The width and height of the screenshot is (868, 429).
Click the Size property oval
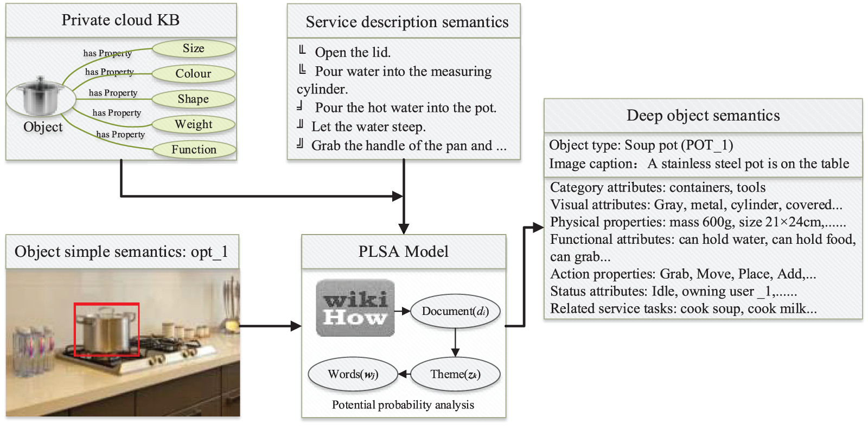click(194, 48)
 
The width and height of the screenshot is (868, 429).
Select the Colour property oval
click(194, 74)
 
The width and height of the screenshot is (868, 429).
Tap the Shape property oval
click(194, 99)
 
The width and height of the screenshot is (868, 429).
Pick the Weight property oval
click(194, 124)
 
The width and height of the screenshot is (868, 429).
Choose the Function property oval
click(194, 149)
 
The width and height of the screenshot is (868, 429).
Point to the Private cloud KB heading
click(120, 20)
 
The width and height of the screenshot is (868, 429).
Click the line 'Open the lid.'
click(353, 53)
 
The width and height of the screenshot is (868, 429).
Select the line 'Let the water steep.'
click(368, 127)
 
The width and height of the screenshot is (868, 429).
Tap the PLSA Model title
click(403, 251)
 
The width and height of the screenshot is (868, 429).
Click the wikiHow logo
click(355, 308)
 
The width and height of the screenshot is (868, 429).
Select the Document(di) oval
click(455, 311)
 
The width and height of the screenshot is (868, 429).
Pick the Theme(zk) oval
click(455, 374)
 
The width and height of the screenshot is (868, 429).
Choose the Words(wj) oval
click(353, 374)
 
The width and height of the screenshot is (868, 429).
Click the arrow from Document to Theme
click(455, 343)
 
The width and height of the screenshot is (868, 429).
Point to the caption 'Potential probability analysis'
click(403, 405)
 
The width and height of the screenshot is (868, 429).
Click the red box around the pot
click(106, 330)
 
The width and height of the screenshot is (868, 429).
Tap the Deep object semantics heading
click(703, 116)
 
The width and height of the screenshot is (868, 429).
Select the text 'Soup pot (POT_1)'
click(679, 146)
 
